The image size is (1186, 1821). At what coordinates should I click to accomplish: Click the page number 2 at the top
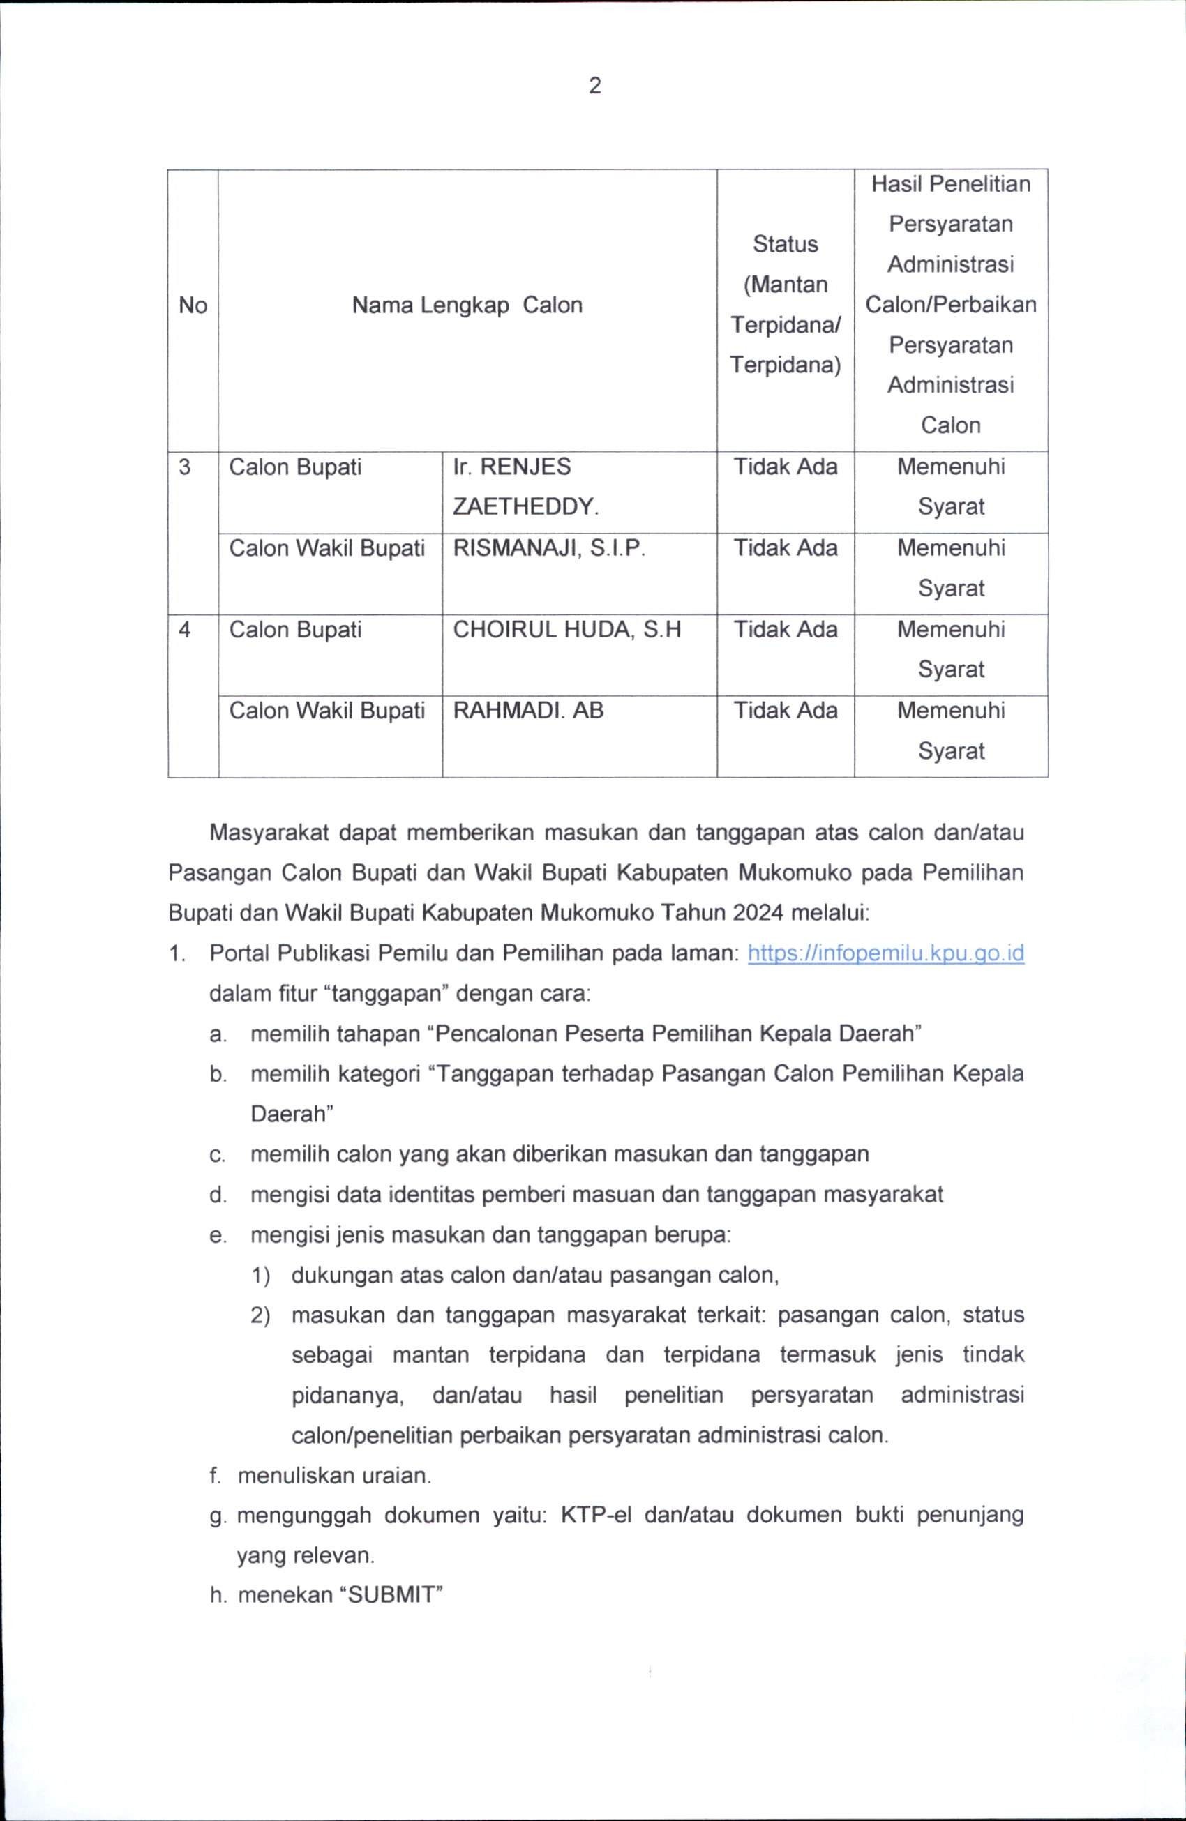pyautogui.click(x=594, y=86)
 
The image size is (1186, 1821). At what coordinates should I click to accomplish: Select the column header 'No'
pyautogui.click(x=193, y=305)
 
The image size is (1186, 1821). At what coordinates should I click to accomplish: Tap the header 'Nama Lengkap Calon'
pyautogui.click(x=467, y=305)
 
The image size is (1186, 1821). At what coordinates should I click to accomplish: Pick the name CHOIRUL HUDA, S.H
pyautogui.click(x=566, y=630)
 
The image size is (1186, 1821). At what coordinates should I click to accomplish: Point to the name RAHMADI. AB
pyautogui.click(x=528, y=711)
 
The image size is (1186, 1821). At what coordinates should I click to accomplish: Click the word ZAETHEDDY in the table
pyautogui.click(x=524, y=506)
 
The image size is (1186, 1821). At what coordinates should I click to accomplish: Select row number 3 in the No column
pyautogui.click(x=184, y=467)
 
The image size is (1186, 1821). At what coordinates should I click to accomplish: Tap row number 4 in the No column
pyautogui.click(x=184, y=630)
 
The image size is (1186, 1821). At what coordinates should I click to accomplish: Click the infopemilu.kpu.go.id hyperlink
pyautogui.click(x=885, y=953)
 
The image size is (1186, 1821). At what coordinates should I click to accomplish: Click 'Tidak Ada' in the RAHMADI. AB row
pyautogui.click(x=785, y=711)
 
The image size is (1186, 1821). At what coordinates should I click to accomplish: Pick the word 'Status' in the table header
pyautogui.click(x=785, y=244)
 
